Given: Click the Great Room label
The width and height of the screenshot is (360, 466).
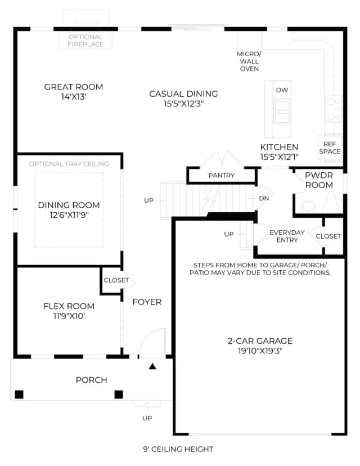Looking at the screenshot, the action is (73, 87).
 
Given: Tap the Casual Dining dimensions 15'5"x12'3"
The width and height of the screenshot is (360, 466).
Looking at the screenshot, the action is (183, 104).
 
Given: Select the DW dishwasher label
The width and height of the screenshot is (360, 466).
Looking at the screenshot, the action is (282, 90).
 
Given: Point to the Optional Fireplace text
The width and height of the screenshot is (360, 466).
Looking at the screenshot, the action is (85, 41).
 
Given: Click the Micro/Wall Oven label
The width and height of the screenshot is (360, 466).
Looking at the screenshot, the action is (249, 61).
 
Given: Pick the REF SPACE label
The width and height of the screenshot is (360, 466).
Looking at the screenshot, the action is (330, 147).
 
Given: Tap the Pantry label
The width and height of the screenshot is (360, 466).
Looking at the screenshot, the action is (222, 176).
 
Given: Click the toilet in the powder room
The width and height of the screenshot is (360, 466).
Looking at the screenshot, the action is (331, 203).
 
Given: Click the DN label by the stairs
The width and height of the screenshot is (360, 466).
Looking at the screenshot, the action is (264, 198).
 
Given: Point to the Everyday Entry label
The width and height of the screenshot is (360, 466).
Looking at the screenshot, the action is (287, 236).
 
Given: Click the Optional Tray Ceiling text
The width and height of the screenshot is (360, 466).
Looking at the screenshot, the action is (69, 164).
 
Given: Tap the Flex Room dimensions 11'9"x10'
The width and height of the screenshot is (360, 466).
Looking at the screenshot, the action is (69, 316).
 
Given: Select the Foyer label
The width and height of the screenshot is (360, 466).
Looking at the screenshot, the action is (147, 302).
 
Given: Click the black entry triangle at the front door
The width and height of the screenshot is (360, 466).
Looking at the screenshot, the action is (152, 366).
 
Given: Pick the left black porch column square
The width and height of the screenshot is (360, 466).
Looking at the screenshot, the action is (19, 395).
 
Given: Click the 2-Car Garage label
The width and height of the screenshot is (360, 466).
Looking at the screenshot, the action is (260, 341).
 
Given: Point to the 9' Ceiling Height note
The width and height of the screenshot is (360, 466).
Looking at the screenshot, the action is (178, 449).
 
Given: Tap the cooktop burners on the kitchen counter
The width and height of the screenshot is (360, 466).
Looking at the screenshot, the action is (334, 109).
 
